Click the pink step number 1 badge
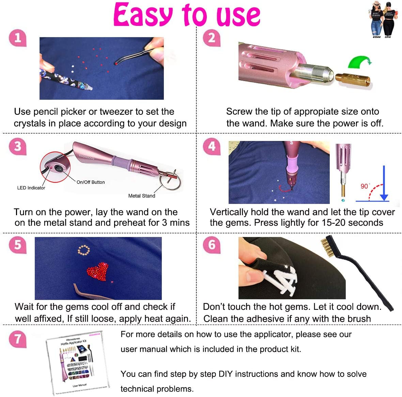point(18,38)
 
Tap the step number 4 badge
point(212,146)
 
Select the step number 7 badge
point(18,339)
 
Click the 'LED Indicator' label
point(31,188)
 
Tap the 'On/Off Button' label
point(91,182)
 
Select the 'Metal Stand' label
point(141,196)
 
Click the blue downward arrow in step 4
point(384,184)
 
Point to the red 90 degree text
point(365,186)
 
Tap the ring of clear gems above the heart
point(84,251)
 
